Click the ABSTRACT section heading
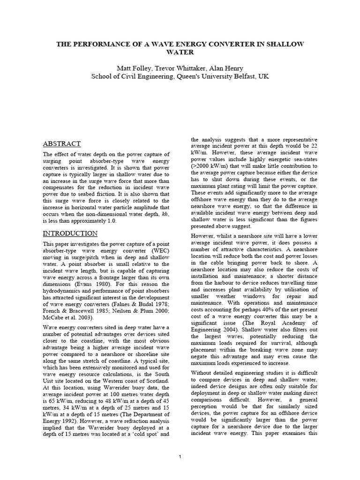click(x=62, y=144)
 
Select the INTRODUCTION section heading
click(x=70, y=233)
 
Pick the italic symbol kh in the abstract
click(x=164, y=214)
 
